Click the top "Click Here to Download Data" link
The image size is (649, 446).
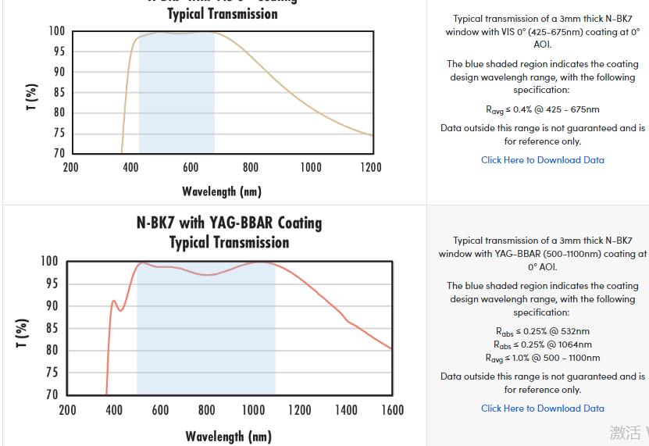coord(542,160)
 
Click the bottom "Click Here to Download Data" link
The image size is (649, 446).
coord(542,409)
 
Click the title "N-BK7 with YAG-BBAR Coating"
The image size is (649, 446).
coord(229,223)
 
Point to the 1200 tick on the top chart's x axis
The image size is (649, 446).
coord(371,167)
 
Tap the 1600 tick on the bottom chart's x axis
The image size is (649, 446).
coord(392,410)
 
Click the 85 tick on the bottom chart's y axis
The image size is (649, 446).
coord(49,328)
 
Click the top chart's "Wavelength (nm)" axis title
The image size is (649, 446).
coord(222,191)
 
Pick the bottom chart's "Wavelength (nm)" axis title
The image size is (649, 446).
coord(228,437)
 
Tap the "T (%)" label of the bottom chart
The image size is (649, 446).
coord(23,334)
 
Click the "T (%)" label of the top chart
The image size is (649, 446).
coord(32,98)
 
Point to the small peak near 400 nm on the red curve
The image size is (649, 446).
coord(114,301)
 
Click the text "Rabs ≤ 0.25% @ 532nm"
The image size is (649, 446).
coord(542,331)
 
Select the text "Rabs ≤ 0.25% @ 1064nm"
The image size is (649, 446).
coord(542,344)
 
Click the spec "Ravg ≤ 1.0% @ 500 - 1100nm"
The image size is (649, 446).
coord(542,358)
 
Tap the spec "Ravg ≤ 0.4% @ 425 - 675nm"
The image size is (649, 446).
coord(542,109)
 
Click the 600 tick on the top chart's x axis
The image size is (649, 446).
coord(191,167)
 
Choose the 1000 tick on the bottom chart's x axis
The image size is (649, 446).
coord(253,410)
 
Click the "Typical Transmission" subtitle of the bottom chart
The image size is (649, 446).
coord(229,242)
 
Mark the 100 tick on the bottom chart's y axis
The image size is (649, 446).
coord(48,261)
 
